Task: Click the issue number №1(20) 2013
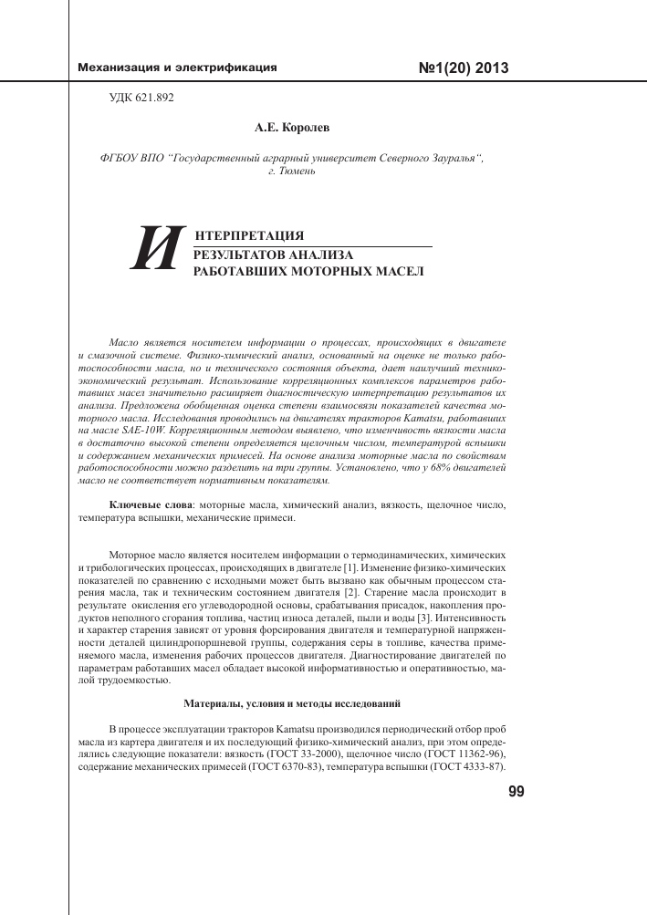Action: coord(463,68)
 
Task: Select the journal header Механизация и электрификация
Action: coord(178,68)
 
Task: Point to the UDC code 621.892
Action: coord(141,97)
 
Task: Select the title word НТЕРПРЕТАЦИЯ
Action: coord(243,236)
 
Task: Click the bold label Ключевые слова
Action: coord(151,504)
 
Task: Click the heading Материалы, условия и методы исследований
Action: coord(291,704)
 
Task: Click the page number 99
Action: coord(515,793)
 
